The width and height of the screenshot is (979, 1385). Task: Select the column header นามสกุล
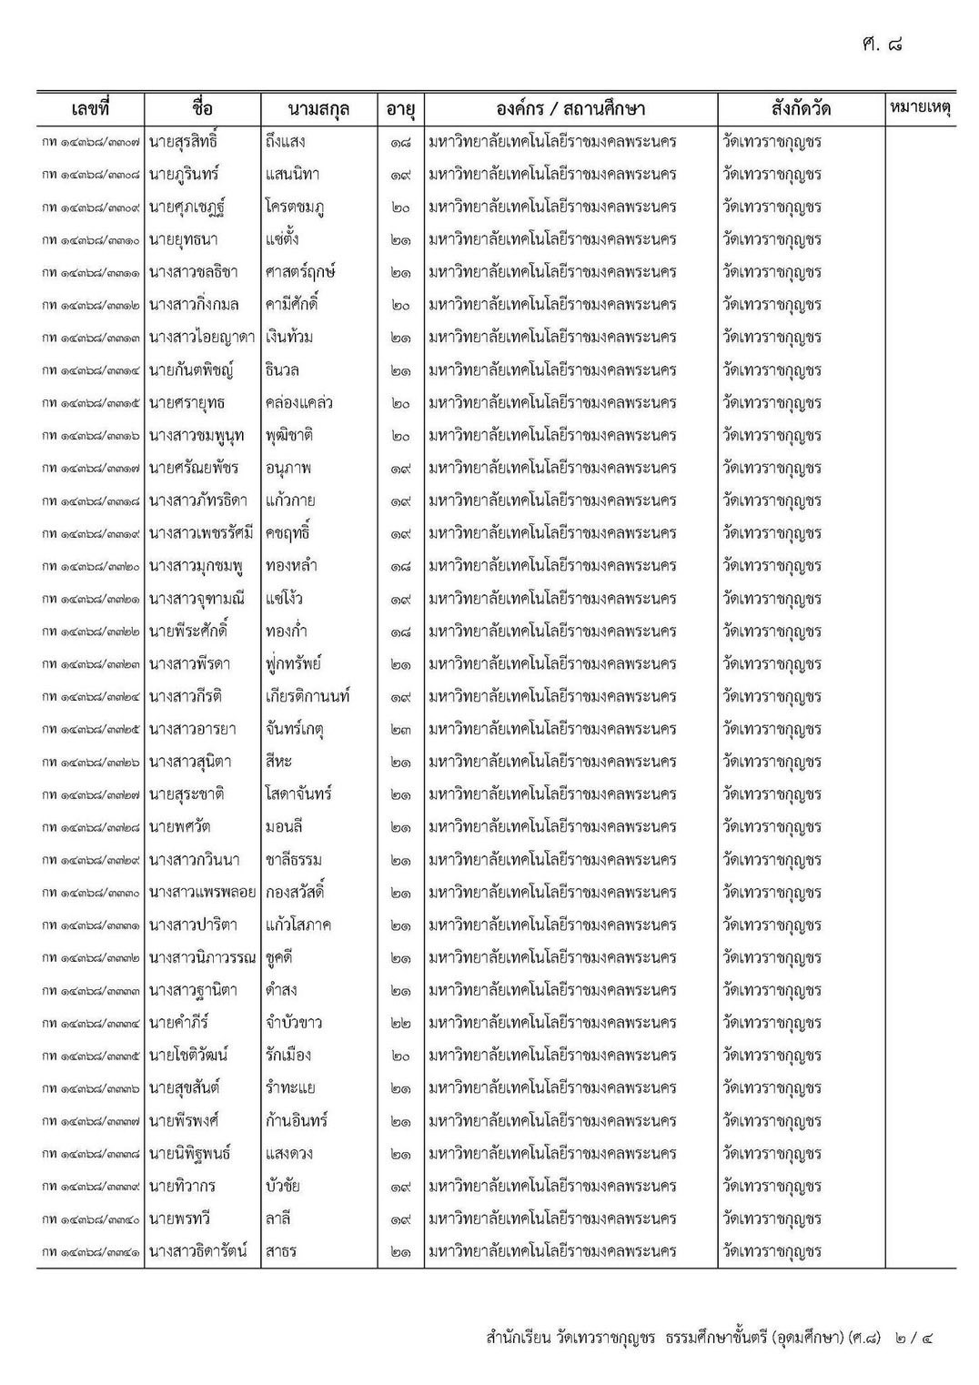click(x=318, y=109)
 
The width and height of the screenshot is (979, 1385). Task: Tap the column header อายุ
click(x=400, y=109)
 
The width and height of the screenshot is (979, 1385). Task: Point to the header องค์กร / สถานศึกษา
click(x=570, y=109)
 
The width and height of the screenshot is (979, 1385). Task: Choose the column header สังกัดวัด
click(x=800, y=109)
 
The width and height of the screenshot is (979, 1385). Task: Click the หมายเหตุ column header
click(x=919, y=108)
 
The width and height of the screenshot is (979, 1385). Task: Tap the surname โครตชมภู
click(x=295, y=207)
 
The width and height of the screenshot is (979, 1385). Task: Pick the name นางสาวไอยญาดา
click(x=202, y=338)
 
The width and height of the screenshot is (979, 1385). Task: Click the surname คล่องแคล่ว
click(x=299, y=403)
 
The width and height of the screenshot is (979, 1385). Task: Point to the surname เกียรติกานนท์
click(x=308, y=697)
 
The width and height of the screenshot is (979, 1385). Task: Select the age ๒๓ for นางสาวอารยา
click(x=400, y=730)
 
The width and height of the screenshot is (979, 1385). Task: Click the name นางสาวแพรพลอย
click(x=202, y=893)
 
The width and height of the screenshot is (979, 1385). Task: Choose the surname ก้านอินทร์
click(x=297, y=1121)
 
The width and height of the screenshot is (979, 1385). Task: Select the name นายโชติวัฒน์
click(x=188, y=1056)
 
